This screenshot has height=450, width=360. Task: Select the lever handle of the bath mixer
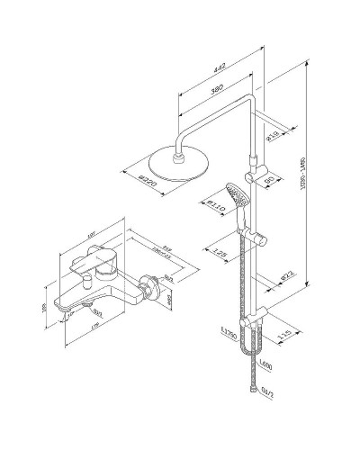(108, 260)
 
